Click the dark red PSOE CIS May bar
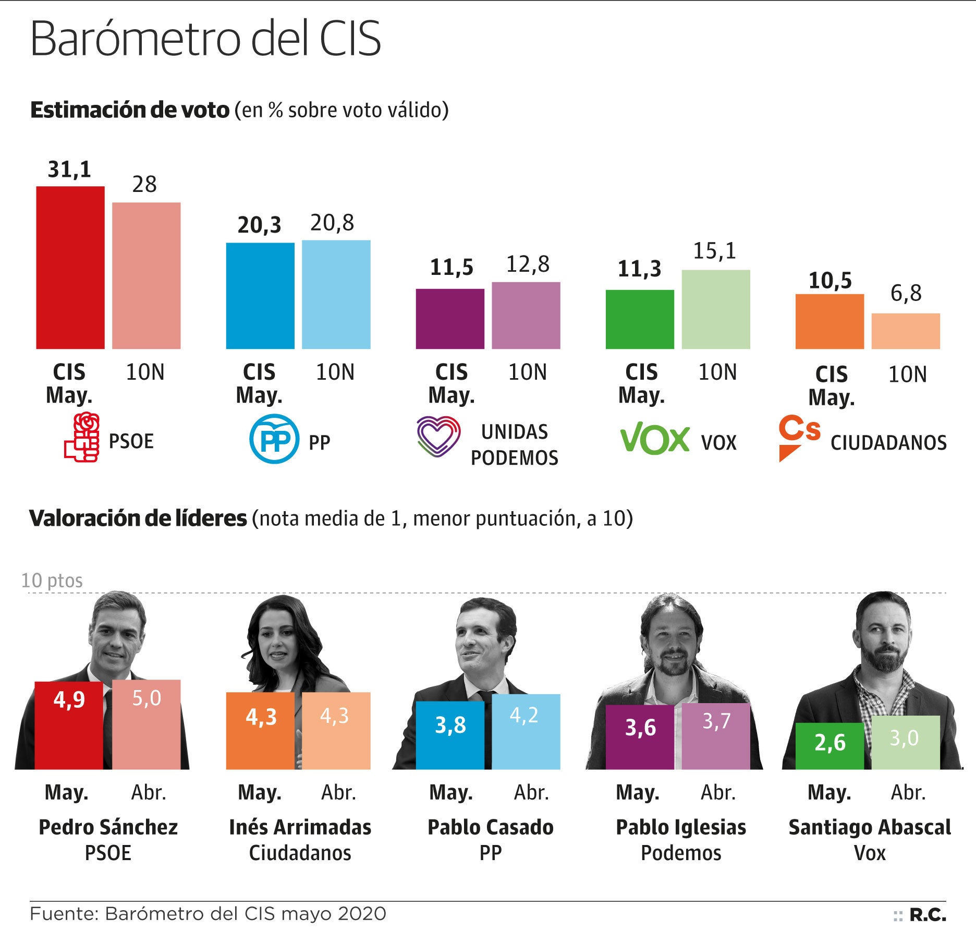point(70,267)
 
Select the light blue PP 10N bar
point(336,294)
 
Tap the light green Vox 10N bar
point(715,309)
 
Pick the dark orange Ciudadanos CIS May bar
point(829,321)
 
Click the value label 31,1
point(69,170)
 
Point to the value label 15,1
point(714,251)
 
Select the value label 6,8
point(906,293)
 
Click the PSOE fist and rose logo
point(82,437)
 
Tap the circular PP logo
point(274,439)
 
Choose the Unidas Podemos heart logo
point(438,437)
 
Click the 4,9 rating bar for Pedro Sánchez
point(69,725)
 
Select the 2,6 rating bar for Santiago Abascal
point(829,746)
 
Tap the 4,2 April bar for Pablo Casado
point(526,731)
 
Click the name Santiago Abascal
point(869,827)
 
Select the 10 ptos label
point(52,581)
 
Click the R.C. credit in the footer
point(927,915)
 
